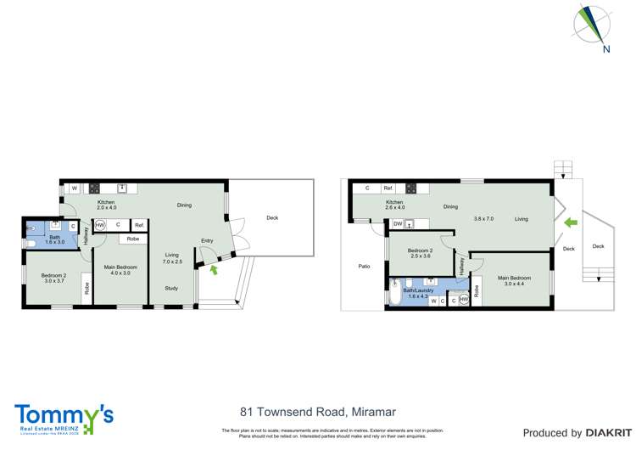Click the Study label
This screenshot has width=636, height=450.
click(x=171, y=287)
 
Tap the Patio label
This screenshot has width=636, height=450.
click(x=364, y=267)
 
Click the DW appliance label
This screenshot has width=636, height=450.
click(x=397, y=224)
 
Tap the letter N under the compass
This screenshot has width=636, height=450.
click(x=606, y=49)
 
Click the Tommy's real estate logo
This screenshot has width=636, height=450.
click(x=64, y=416)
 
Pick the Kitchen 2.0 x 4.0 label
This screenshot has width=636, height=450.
click(x=106, y=205)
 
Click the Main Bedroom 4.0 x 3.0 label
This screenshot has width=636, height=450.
click(x=118, y=270)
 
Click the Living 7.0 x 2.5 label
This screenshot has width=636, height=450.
click(x=172, y=258)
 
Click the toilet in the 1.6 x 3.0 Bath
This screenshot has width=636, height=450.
click(x=30, y=243)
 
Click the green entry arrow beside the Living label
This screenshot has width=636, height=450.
click(x=571, y=223)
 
